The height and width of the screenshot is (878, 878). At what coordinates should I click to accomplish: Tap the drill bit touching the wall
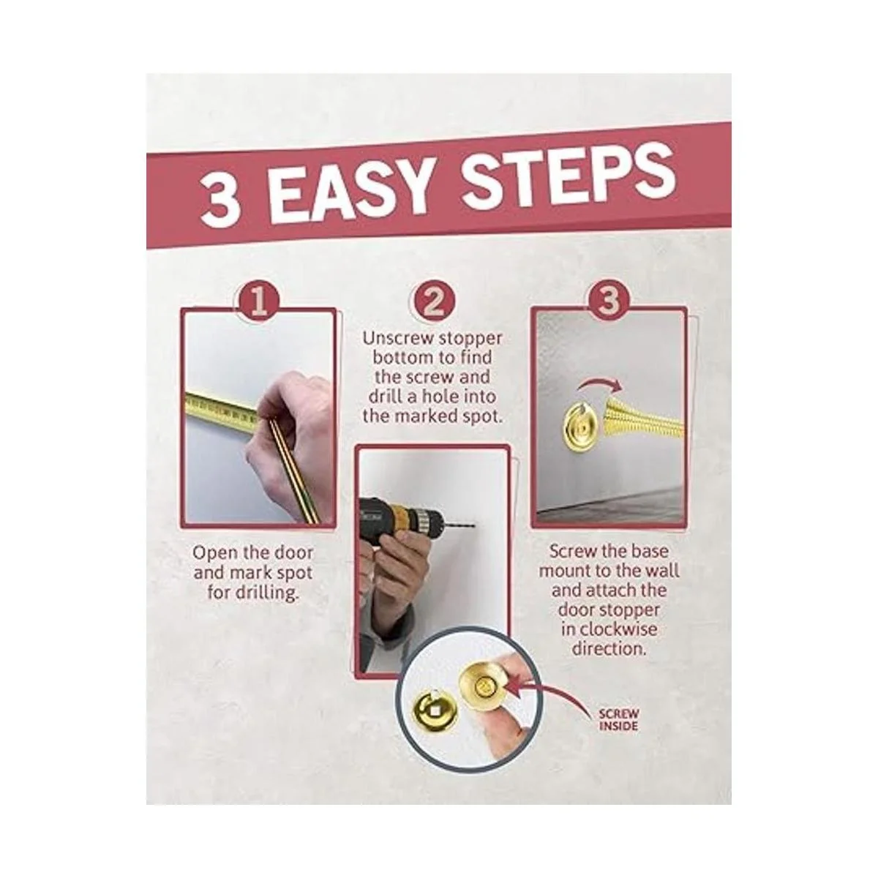click(458, 526)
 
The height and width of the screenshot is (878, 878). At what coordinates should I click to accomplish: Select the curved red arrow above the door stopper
click(601, 385)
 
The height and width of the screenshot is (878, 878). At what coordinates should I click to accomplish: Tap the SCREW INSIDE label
click(619, 719)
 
